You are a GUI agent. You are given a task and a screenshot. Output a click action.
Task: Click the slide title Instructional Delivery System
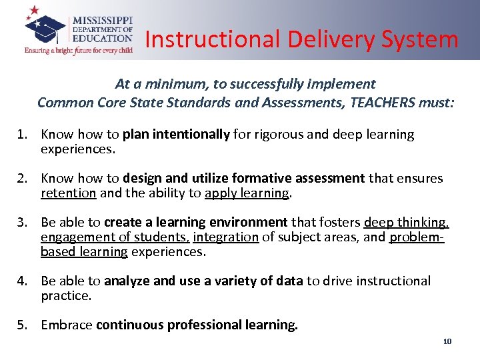pos(301,39)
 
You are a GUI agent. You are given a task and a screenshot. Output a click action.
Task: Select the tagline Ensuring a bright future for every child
pos(78,50)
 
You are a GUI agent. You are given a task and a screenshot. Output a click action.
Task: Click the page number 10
pos(447,341)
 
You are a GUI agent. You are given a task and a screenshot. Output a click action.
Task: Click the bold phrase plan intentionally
pos(176,135)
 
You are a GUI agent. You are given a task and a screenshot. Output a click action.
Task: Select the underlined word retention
pos(69,193)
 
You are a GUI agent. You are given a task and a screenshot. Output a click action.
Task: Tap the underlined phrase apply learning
pos(247,193)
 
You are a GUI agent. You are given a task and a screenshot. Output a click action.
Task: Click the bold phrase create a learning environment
pos(196,223)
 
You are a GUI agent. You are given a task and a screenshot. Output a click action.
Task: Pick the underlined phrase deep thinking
pos(405,223)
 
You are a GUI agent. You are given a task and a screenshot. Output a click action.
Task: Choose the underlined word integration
pos(217,237)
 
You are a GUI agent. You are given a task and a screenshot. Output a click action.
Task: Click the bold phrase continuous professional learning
pos(197,325)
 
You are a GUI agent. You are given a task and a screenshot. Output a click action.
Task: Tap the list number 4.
pos(21,281)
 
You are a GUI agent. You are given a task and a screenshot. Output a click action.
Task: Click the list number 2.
pos(21,179)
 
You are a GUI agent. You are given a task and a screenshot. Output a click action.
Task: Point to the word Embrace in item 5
pos(67,325)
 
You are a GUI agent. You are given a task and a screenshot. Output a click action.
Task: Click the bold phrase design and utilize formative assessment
pos(244,179)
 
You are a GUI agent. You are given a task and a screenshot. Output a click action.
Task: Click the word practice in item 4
pos(65,295)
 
